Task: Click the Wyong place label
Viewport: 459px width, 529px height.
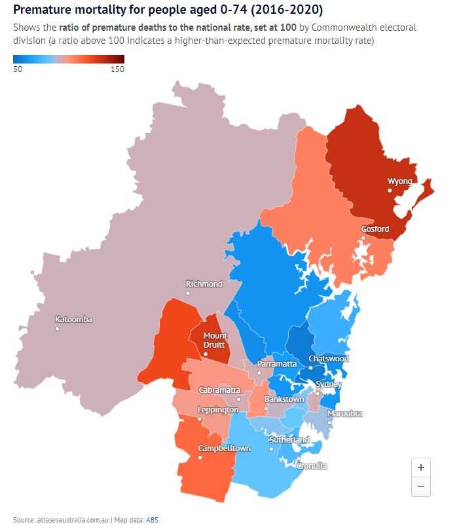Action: click(x=400, y=181)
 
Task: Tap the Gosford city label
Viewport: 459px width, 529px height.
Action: click(x=375, y=229)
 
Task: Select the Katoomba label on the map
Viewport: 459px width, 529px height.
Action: click(x=73, y=319)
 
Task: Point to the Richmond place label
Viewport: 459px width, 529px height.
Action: click(x=204, y=284)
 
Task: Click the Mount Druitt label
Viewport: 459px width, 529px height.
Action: click(x=215, y=340)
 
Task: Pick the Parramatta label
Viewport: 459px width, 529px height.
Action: click(x=277, y=363)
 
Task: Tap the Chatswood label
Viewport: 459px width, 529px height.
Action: click(x=329, y=359)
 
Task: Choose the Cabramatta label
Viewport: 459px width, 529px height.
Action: click(x=219, y=390)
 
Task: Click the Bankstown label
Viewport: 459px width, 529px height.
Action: click(x=284, y=399)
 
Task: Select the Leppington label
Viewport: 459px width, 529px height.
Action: click(x=218, y=410)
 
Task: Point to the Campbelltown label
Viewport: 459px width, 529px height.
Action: click(x=225, y=448)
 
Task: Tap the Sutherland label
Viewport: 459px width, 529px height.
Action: click(x=289, y=440)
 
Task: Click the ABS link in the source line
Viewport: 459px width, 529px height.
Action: click(x=152, y=520)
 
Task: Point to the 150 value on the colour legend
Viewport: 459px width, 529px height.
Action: click(x=117, y=69)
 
